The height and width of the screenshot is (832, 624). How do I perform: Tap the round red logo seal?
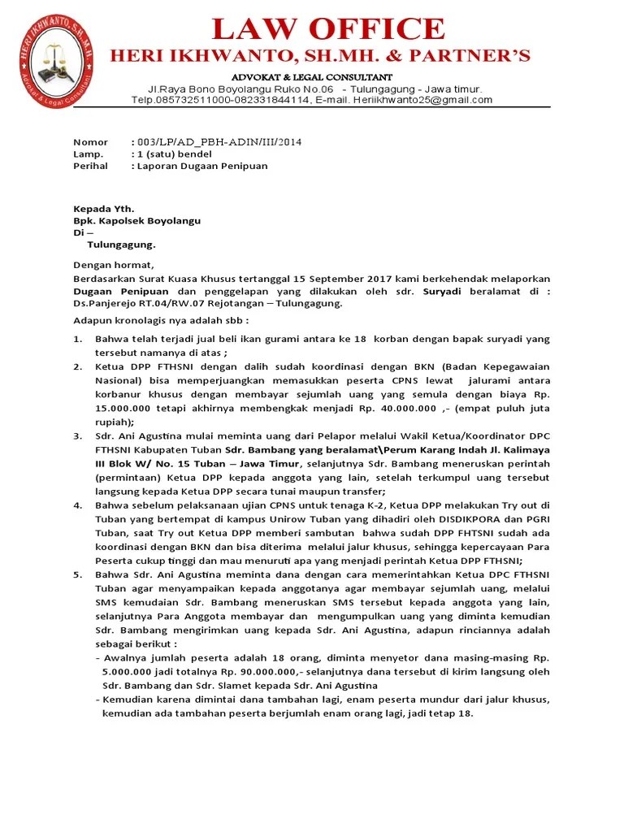click(x=56, y=67)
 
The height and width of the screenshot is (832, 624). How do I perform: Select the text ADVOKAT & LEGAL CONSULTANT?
click(x=313, y=76)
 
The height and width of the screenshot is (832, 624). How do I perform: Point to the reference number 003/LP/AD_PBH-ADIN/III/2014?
click(x=220, y=141)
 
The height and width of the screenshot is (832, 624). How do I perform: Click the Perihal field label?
click(x=89, y=166)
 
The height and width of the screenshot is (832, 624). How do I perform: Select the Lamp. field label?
click(x=88, y=154)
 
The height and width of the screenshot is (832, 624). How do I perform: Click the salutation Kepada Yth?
click(x=104, y=208)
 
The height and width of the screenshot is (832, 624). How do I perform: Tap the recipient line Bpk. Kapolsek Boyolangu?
click(x=137, y=220)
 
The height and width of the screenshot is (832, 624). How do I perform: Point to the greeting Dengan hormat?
click(x=113, y=265)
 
